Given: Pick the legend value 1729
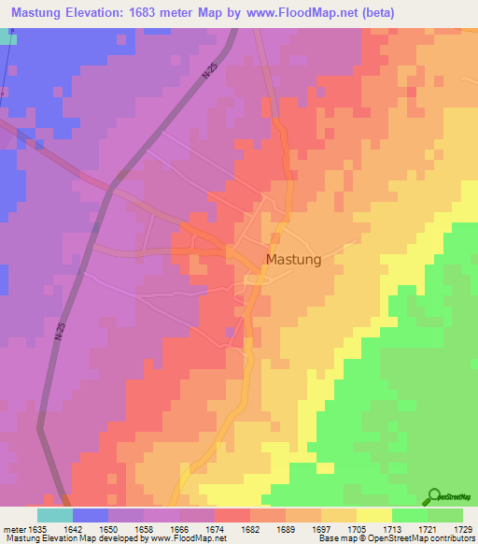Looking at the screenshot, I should click(x=463, y=528).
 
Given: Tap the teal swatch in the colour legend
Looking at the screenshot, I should click(x=55, y=515).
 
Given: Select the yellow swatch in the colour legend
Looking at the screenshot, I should click(x=373, y=515).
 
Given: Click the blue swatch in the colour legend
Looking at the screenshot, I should click(x=91, y=515).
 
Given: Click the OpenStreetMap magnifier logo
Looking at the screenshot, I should click(x=436, y=497).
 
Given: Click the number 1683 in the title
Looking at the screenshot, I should click(x=156, y=13).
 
